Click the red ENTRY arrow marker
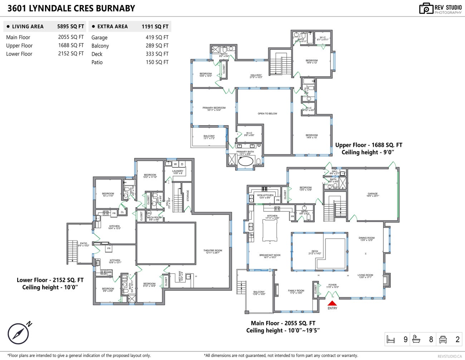pyautogui.click(x=332, y=303)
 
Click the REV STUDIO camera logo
pyautogui.click(x=426, y=9)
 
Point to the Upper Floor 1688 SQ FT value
pyautogui.click(x=71, y=45)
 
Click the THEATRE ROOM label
pyautogui.click(x=212, y=250)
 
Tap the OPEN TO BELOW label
pyautogui.click(x=267, y=113)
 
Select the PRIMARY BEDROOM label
pyautogui.click(x=214, y=108)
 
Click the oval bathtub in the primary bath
pyautogui.click(x=245, y=161)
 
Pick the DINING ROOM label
pyautogui.click(x=366, y=238)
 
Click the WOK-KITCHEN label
pyautogui.click(x=265, y=195)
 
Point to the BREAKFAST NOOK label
pyautogui.click(x=270, y=255)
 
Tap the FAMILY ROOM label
pyautogui.click(x=296, y=291)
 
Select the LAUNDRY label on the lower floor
pyautogui.click(x=177, y=171)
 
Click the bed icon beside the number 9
pyautogui.click(x=391, y=339)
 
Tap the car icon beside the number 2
pyautogui.click(x=443, y=339)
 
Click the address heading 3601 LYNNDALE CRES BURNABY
pyautogui.click(x=71, y=9)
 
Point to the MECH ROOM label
pyautogui.click(x=154, y=218)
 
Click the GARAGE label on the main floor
pyautogui.click(x=372, y=194)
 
